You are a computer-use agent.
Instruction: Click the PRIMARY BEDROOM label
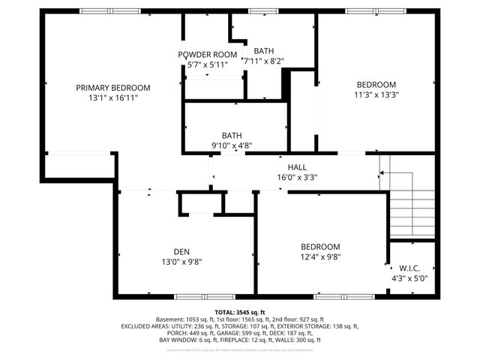[x=113, y=87]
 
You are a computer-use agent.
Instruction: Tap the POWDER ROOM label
[x=208, y=55]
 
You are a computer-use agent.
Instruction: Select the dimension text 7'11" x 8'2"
[x=263, y=61]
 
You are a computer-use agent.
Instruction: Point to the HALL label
[x=297, y=167]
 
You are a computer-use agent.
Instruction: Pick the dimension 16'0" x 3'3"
[x=298, y=178]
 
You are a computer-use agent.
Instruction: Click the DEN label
[x=181, y=251]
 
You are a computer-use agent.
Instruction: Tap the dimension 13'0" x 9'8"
[x=181, y=262]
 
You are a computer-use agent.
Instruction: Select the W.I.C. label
[x=409, y=268]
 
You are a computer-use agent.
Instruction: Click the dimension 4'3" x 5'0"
[x=409, y=278]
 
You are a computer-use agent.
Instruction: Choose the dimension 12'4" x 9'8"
[x=320, y=257]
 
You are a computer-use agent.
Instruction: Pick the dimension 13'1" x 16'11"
[x=113, y=97]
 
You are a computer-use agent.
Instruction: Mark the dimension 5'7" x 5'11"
[x=208, y=65]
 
